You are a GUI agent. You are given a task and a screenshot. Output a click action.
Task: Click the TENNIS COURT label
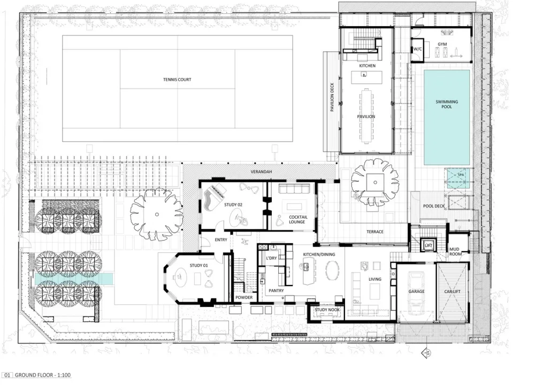coord(177,80)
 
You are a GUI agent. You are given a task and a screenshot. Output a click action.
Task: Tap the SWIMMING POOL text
coord(447,104)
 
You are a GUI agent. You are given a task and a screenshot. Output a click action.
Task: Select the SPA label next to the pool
coord(461,175)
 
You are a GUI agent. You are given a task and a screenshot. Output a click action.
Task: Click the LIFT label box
coord(429,245)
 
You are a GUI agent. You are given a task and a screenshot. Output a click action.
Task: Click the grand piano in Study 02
coord(213,197)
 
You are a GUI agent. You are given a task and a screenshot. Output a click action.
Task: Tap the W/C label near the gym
coord(418,49)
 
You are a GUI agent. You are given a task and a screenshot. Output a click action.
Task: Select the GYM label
coord(442,44)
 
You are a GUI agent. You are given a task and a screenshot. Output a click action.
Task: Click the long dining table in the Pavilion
coord(366,116)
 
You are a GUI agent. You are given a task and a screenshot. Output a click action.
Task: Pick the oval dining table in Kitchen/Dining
coord(332,271)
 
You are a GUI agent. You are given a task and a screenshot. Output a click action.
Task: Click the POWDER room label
coord(244,297)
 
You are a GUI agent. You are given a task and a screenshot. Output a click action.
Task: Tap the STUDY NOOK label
coord(327,310)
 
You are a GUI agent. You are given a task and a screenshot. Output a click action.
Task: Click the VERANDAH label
coord(262,172)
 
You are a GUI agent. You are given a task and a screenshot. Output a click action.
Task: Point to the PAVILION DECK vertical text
coord(332,97)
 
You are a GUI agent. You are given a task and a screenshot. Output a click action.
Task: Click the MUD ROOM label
coord(455,252)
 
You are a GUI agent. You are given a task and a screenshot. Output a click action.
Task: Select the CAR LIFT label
coord(453,291)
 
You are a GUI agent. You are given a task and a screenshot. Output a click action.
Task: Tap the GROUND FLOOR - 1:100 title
coord(43,375)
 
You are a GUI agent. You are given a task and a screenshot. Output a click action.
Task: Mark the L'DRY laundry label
coord(271,258)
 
